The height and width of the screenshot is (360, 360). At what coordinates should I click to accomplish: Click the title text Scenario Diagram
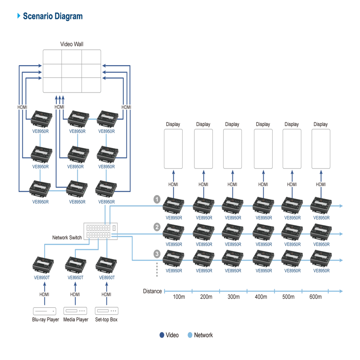point(53,16)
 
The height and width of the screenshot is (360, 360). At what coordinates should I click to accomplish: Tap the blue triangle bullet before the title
point(19,16)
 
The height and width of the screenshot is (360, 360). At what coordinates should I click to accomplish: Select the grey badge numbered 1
point(157,198)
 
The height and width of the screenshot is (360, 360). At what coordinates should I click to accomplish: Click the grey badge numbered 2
point(157,227)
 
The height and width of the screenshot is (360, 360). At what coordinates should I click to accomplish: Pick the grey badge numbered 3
point(157,253)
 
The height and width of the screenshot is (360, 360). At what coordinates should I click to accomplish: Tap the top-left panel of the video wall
point(53,58)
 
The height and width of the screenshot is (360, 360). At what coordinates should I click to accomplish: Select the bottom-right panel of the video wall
point(92,86)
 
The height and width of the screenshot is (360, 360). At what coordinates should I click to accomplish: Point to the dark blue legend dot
point(162,336)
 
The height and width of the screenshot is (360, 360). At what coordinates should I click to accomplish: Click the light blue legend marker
point(190,336)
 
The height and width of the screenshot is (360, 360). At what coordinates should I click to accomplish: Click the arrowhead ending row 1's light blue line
point(343,206)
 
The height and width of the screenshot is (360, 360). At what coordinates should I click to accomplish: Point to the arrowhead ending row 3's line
point(343,260)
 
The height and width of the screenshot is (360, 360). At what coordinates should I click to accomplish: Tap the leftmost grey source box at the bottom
point(45,311)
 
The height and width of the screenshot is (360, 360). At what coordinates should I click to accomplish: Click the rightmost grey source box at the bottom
point(106,311)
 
